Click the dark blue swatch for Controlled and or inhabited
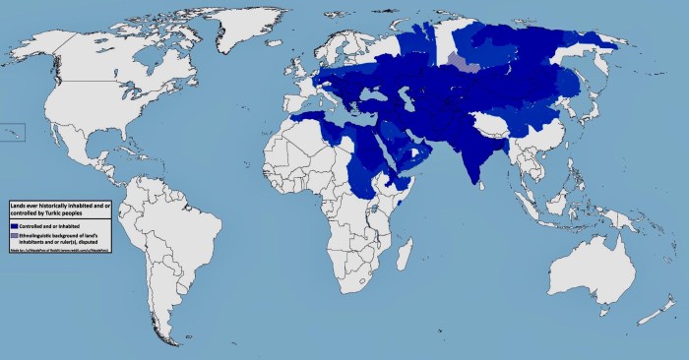15,225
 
